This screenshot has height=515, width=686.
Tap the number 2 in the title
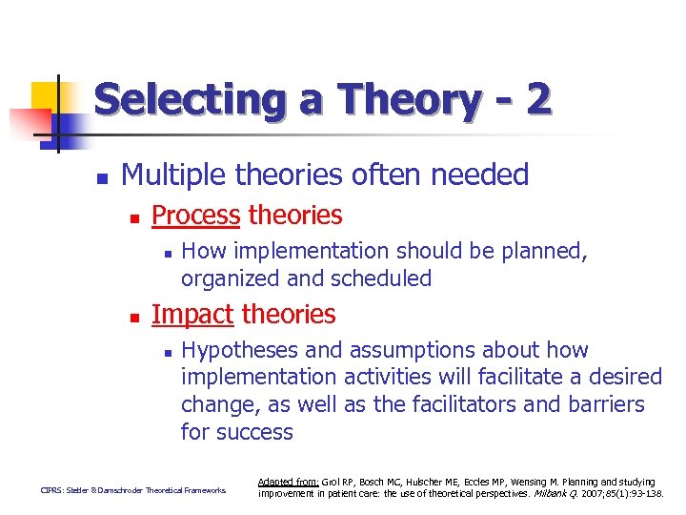[x=537, y=100]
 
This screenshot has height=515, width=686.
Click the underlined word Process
[x=195, y=216]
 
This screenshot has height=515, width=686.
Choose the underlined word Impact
[x=192, y=314]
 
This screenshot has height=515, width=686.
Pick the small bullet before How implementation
[x=166, y=254]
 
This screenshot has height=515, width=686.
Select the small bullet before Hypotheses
[x=166, y=353]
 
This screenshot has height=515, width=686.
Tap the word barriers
[x=600, y=404]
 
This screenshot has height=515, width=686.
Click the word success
[x=255, y=432]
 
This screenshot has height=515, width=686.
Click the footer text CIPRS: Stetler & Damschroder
[x=132, y=491]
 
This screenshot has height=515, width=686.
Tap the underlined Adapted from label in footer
[x=288, y=483]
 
